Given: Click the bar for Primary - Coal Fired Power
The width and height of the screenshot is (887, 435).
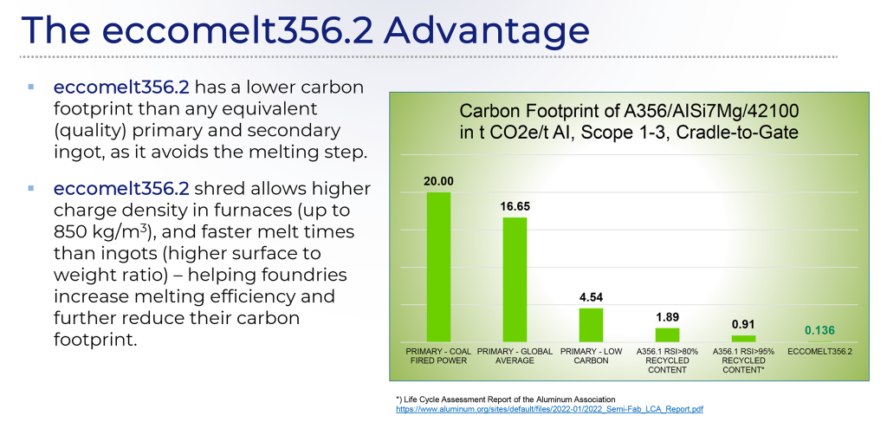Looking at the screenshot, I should pos(438,266).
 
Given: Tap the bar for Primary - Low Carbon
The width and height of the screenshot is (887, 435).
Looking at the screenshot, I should pos(591,324).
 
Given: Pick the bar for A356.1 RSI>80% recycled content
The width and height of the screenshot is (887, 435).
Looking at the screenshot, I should pos(667,334).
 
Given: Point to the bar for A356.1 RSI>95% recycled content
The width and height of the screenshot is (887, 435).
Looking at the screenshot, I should pos(743,338).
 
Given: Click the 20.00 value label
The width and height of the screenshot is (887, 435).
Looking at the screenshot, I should pos(438,181).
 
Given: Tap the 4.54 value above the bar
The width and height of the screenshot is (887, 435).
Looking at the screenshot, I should pos(591,297).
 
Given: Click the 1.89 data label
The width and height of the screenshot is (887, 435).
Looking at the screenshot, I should pos(667,317).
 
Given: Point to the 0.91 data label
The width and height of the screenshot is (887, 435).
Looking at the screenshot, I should pos(743,325).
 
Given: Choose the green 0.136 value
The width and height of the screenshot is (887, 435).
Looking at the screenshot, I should pos(819,330).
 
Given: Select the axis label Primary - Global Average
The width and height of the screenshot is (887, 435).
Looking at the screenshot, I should pos(515,355).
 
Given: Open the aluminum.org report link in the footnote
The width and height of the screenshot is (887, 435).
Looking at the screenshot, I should pos(548,408).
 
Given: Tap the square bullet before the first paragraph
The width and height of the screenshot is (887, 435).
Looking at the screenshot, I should pos(30,88).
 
